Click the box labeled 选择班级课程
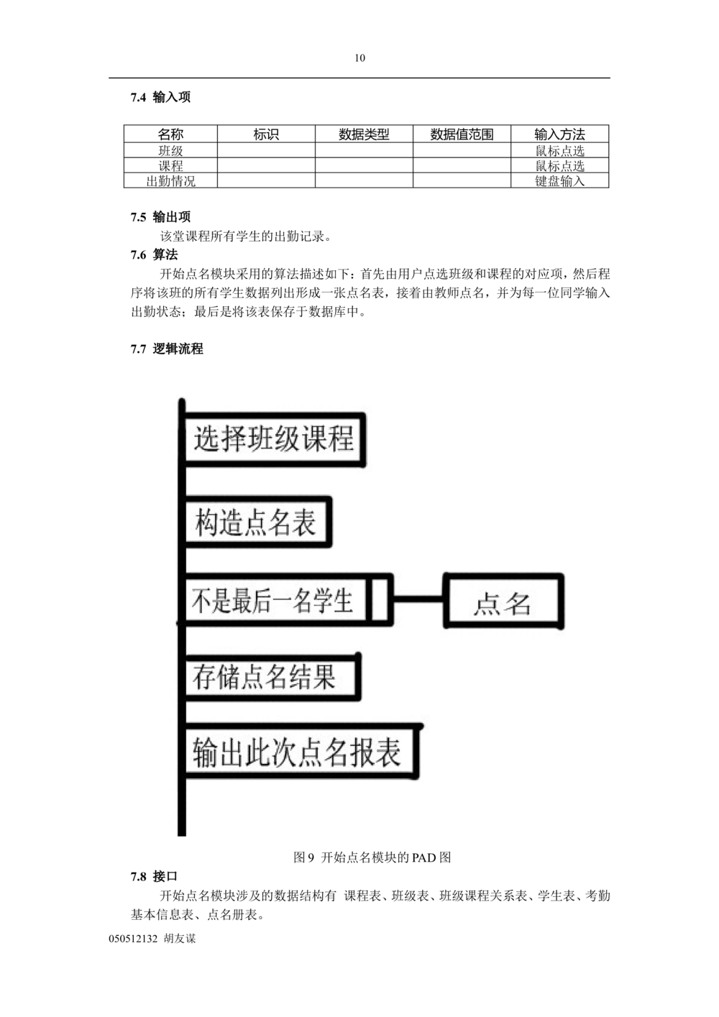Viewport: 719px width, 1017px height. (274, 439)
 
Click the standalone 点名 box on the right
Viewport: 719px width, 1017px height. (503, 601)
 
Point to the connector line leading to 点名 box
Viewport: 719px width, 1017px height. (418, 598)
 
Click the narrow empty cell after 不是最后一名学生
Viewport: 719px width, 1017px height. (380, 599)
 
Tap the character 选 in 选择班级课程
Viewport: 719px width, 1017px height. (207, 438)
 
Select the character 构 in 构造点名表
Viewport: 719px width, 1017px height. (207, 523)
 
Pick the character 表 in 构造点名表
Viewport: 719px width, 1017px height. (303, 523)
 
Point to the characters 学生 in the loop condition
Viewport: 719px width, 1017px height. (333, 600)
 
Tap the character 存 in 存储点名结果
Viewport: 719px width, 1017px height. (204, 677)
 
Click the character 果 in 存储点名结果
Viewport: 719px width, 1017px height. (324, 677)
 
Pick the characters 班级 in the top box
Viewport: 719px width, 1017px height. (274, 438)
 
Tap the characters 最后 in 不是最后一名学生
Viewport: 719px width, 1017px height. (252, 600)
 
